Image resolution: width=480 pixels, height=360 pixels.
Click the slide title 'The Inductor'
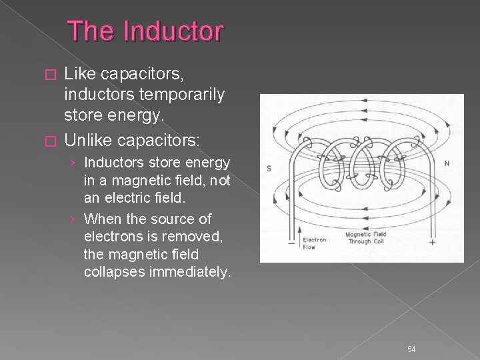(147, 31)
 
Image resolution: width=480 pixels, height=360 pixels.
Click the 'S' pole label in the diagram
(268, 168)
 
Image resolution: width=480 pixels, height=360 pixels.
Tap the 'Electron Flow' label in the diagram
(313, 243)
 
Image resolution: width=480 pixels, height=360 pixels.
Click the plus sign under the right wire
(432, 243)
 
